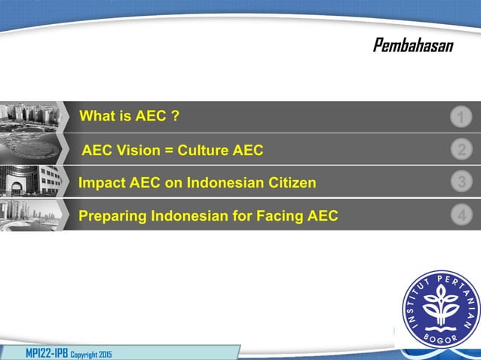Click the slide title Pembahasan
[x=413, y=47]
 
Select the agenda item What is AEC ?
[x=129, y=117]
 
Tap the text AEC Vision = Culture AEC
[x=173, y=150]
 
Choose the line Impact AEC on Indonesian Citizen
[x=198, y=182]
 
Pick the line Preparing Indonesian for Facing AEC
[x=208, y=216]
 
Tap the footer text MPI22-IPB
[x=47, y=352]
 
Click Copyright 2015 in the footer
[x=91, y=353]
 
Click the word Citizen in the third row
[x=290, y=182]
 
